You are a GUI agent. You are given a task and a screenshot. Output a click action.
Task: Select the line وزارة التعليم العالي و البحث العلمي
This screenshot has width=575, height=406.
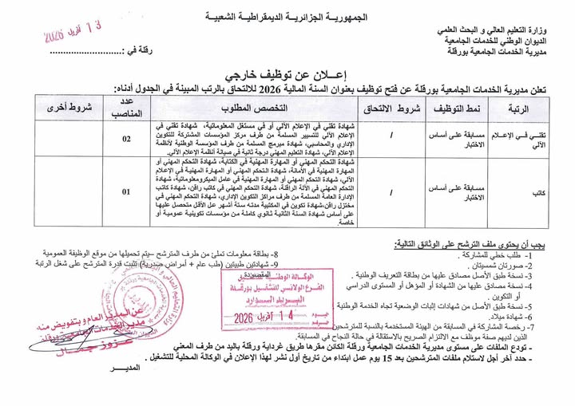click(x=502, y=30)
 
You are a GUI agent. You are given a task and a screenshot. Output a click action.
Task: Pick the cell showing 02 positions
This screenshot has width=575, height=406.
click(x=126, y=139)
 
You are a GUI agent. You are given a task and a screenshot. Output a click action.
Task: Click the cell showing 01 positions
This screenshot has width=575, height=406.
click(x=126, y=192)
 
